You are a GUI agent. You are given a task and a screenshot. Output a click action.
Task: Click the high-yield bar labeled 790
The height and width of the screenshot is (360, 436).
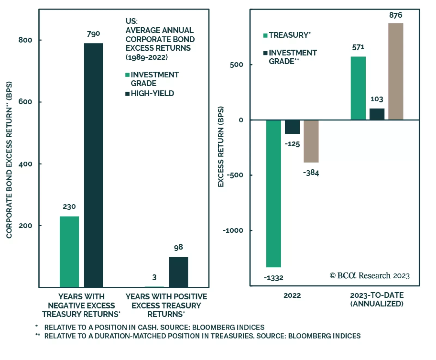click(93, 165)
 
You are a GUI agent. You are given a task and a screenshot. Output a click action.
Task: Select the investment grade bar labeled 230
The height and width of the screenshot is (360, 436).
click(69, 252)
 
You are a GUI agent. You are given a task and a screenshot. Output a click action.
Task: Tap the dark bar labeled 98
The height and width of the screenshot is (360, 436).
click(178, 272)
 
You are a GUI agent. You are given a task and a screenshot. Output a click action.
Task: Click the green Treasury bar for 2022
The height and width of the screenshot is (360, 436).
click(273, 193)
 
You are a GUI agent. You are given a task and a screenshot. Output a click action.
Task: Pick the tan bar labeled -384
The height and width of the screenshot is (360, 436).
click(311, 141)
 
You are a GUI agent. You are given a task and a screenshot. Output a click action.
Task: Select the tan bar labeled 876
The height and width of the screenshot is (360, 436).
click(395, 71)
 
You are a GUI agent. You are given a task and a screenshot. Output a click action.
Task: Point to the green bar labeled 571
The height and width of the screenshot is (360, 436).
click(358, 88)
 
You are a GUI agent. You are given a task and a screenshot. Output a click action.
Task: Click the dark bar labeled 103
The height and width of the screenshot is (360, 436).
click(377, 114)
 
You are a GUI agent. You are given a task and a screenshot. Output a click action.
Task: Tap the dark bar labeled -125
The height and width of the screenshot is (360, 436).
click(292, 127)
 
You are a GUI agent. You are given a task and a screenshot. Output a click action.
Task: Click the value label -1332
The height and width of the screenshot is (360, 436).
click(273, 278)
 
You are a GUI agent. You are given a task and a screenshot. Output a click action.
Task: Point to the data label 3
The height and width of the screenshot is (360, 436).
click(154, 277)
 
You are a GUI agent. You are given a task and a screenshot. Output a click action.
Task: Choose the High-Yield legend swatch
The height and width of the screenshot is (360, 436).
click(127, 94)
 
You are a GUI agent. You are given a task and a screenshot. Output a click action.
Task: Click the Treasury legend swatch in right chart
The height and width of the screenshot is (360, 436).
click(265, 35)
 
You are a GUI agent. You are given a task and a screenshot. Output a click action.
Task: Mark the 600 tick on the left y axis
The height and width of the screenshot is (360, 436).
click(25, 102)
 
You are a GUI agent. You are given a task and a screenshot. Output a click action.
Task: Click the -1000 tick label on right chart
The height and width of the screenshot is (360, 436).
click(233, 231)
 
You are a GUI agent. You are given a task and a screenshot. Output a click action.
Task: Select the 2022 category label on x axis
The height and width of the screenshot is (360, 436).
click(292, 295)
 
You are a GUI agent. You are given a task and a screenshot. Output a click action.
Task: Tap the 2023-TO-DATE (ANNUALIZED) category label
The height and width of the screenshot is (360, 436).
click(377, 299)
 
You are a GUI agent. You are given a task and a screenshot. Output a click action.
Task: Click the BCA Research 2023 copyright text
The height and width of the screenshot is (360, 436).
click(369, 276)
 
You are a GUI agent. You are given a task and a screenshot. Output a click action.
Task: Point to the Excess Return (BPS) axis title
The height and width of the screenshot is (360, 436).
click(221, 147)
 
